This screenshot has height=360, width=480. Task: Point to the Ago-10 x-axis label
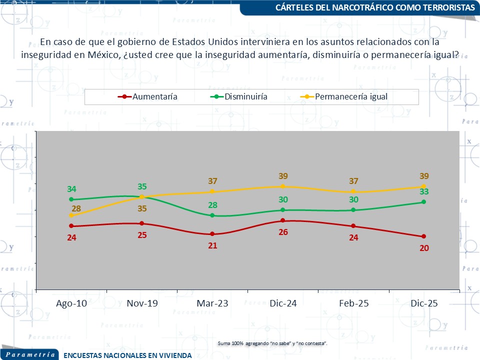[x=71, y=304]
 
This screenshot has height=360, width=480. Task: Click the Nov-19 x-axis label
[x=142, y=304]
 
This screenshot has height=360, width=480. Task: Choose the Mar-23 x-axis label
[x=212, y=304]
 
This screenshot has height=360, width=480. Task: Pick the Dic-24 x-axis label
[x=282, y=304]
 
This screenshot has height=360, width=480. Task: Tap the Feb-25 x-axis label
[x=353, y=304]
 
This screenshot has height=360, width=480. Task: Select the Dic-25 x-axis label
[x=423, y=304]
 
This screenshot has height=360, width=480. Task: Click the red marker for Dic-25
[x=423, y=236]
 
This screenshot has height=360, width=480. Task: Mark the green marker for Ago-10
[x=71, y=199]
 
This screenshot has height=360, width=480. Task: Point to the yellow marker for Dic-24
[x=282, y=186]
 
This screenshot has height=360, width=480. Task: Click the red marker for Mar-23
[x=212, y=234]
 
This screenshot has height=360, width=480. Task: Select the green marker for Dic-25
[x=423, y=202]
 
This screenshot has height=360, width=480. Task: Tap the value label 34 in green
[x=71, y=189]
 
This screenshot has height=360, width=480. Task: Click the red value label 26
[x=282, y=232]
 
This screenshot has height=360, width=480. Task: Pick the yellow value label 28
[x=76, y=208]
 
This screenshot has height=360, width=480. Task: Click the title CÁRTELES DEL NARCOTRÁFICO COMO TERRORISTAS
[x=375, y=7]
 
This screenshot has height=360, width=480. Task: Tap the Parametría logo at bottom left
[x=30, y=354]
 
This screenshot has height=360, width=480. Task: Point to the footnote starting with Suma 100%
[x=272, y=343]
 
